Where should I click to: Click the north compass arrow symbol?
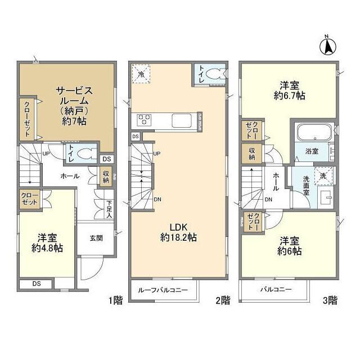click(x=327, y=44)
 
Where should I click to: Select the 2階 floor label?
click(x=222, y=300)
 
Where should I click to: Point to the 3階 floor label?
click(x=330, y=300)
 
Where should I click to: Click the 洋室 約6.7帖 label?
click(x=290, y=91)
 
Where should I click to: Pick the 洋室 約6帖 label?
click(x=290, y=246)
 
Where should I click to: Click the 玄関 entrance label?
click(x=96, y=238)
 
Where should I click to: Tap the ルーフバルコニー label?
click(x=164, y=290)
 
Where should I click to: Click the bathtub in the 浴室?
click(x=311, y=134)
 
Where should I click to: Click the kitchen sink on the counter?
click(x=182, y=120)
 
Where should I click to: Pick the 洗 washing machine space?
click(x=322, y=176)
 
